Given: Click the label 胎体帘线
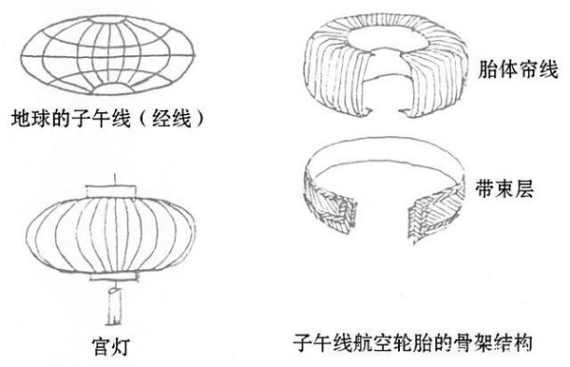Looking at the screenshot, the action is click(x=518, y=68).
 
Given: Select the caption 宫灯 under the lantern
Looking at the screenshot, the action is click(x=110, y=346).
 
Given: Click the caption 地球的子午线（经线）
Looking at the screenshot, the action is click(x=107, y=118).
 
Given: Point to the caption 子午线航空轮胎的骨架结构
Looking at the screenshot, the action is click(x=412, y=342).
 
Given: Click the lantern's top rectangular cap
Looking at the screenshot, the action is click(x=111, y=192).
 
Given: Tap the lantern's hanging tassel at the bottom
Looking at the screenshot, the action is click(x=113, y=306).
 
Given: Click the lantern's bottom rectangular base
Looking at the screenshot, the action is click(x=114, y=277).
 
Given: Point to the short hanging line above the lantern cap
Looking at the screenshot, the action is click(x=115, y=180).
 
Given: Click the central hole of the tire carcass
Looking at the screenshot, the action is click(x=388, y=40).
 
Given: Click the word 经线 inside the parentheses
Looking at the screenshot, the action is click(x=171, y=118).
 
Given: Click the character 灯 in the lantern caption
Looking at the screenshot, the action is click(x=120, y=346).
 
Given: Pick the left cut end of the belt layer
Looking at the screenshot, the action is click(x=346, y=213).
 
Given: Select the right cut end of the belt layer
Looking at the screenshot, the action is click(x=417, y=218).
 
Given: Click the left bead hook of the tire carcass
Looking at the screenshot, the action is click(x=369, y=110).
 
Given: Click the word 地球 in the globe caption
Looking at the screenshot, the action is click(x=31, y=118).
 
